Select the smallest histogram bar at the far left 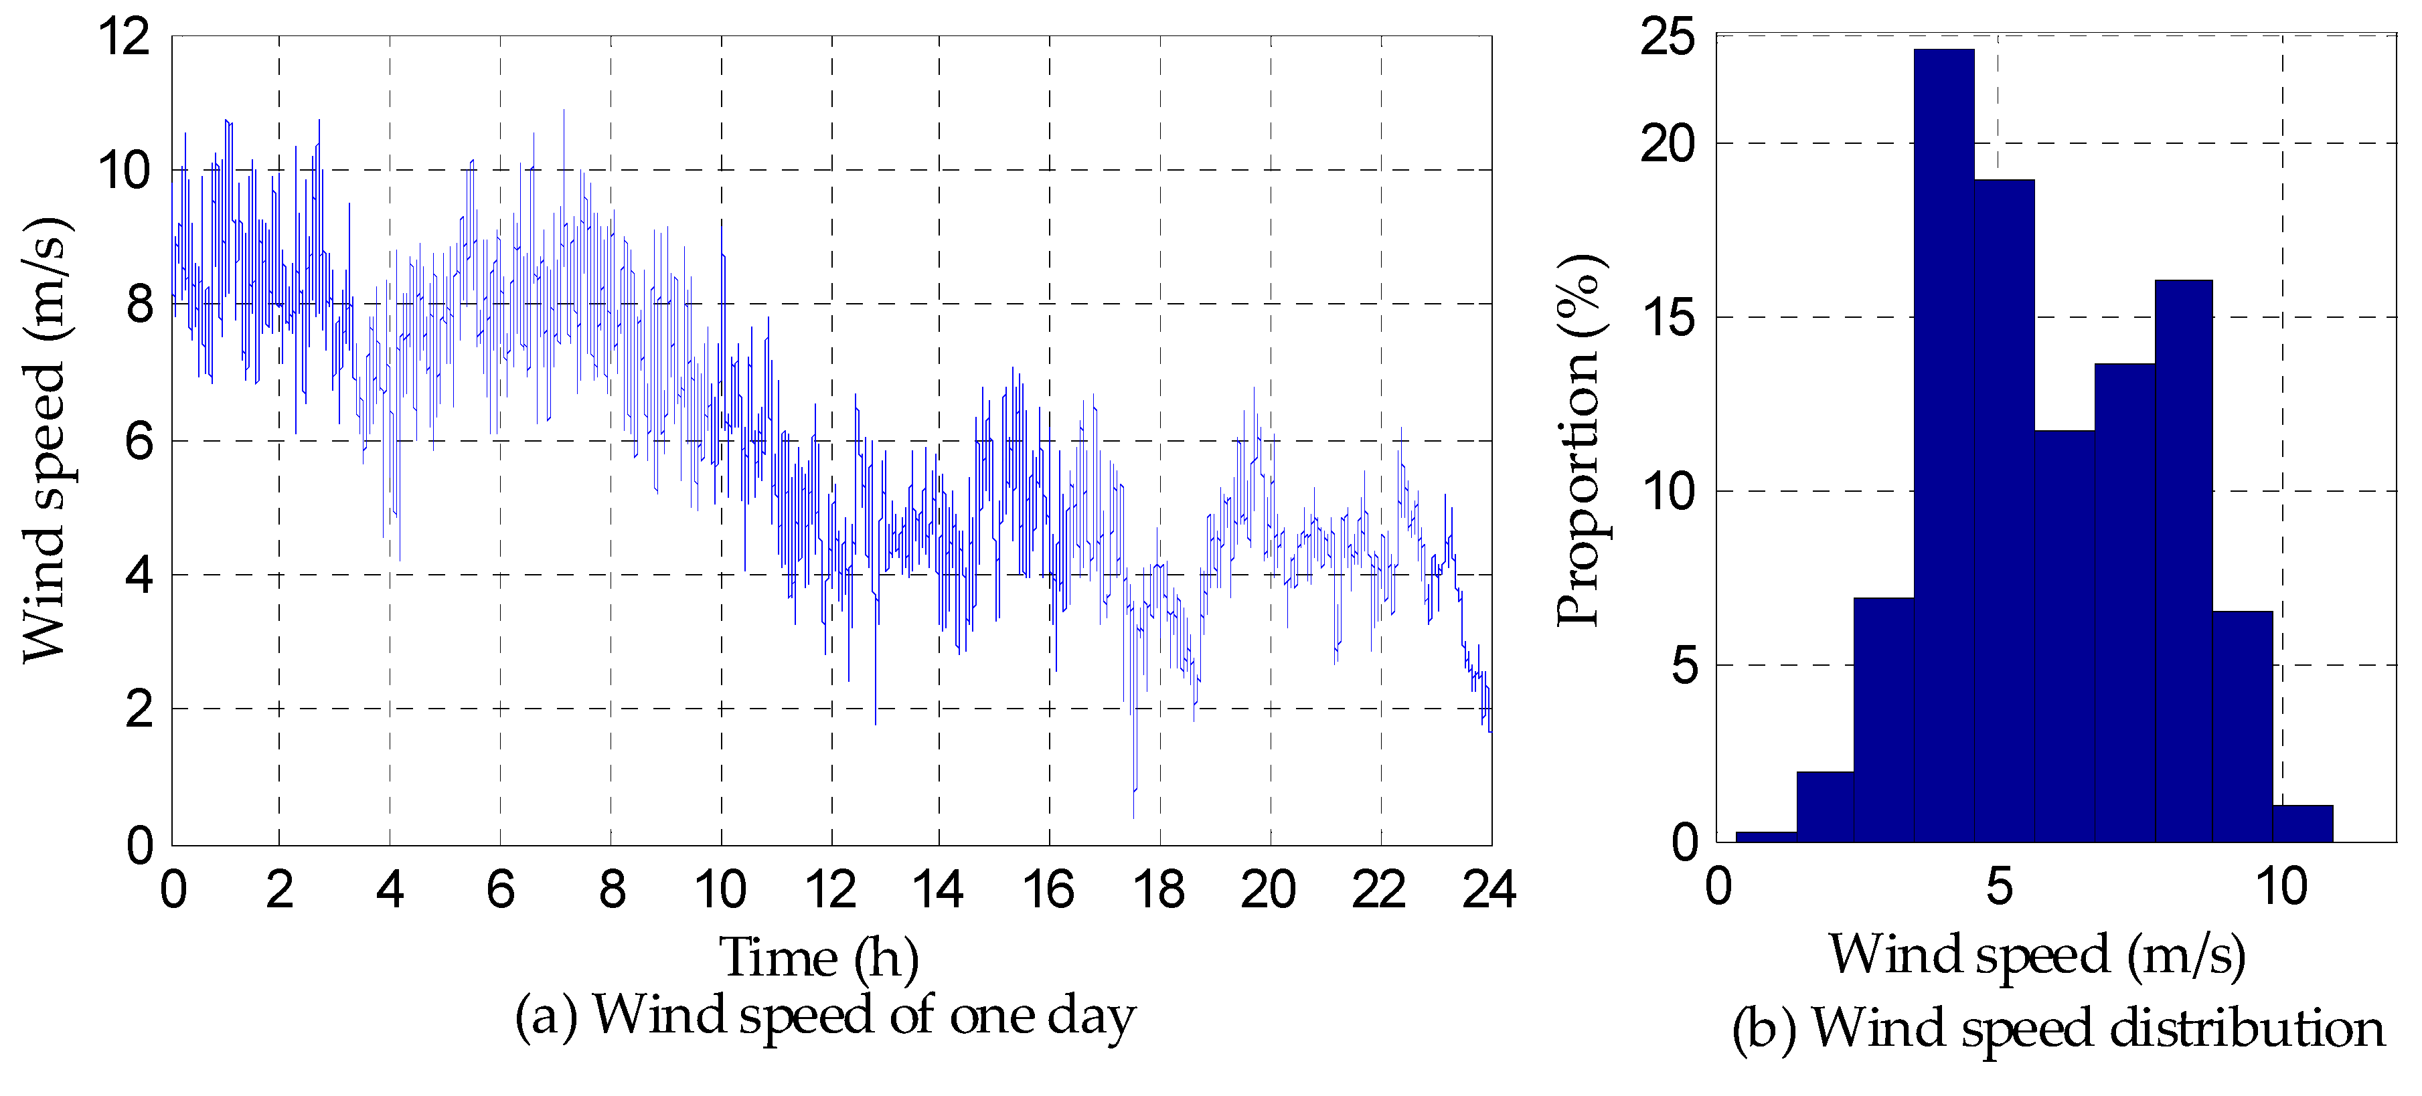tap(1766, 836)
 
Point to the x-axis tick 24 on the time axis tap(1489, 889)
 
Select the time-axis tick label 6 tap(500, 889)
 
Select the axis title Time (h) tap(819, 957)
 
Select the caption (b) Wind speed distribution tap(2057, 1027)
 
